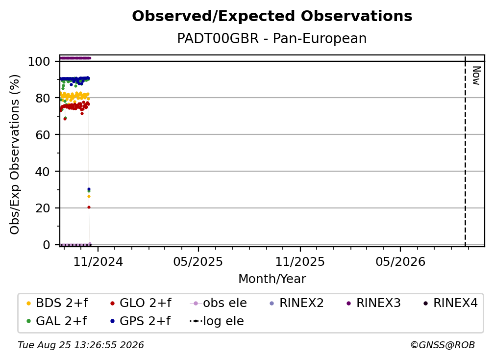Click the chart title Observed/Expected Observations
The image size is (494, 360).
coord(272,16)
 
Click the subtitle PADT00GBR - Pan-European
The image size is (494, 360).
coord(272,38)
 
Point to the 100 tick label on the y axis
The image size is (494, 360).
coord(39,61)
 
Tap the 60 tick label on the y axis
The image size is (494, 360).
coord(43,135)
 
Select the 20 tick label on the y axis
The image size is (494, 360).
coord(43,208)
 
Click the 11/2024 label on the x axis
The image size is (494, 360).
coord(98,261)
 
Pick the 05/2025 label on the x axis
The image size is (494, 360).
coord(198,261)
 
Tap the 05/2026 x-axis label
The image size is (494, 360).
coord(400,261)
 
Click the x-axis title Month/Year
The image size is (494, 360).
coord(272,279)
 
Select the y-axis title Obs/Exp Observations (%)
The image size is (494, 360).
coord(15,154)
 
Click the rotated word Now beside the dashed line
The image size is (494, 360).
coord(476,76)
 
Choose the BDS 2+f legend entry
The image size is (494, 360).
coord(57,303)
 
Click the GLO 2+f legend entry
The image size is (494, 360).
coord(141,303)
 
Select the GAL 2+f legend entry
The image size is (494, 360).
coord(57,321)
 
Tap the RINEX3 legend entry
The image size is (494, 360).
coord(373,303)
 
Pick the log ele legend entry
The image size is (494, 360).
coord(217,321)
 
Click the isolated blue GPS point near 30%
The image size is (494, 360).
coord(89,189)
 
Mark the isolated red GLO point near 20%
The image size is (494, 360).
coord(89,207)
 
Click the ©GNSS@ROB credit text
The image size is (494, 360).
coord(443,345)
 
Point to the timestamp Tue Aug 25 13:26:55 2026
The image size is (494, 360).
coord(81,345)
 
